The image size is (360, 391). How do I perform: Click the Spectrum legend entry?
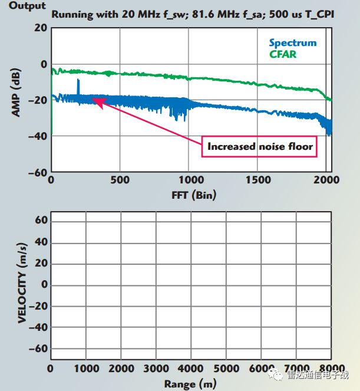(292, 42)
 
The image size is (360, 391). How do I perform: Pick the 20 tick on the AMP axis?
(40, 28)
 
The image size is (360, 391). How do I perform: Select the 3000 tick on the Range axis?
(156, 369)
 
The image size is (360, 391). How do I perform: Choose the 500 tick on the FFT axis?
(121, 180)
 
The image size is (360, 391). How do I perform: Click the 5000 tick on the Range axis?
(227, 369)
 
